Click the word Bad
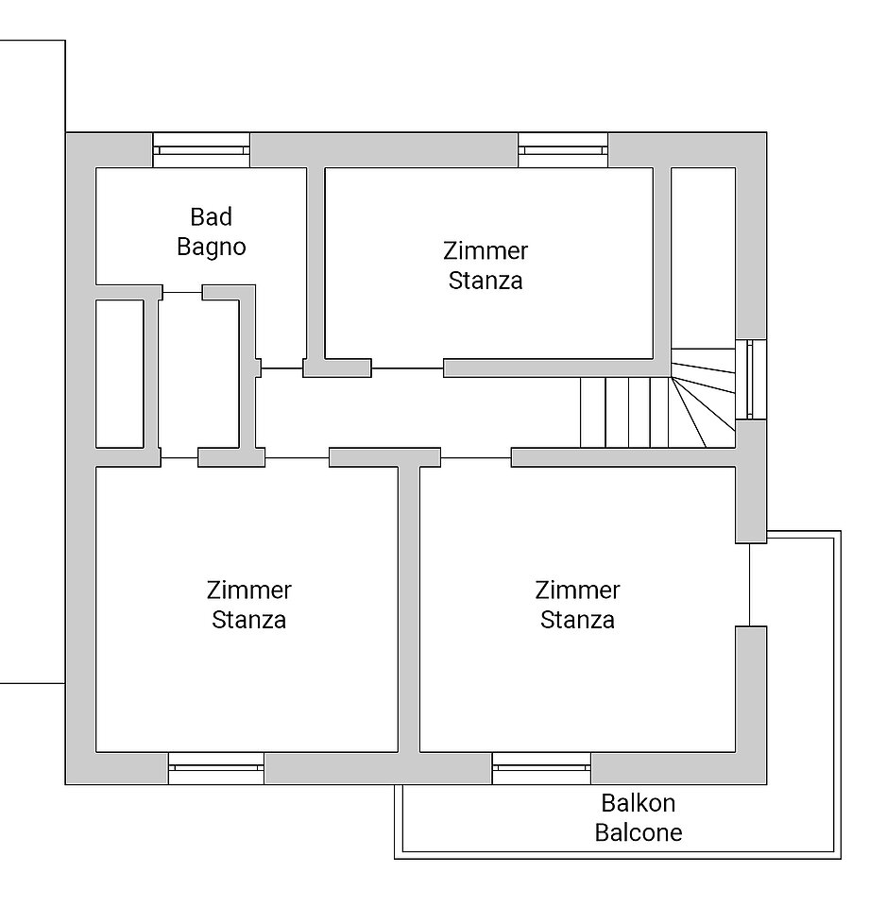[211, 217]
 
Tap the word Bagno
[211, 247]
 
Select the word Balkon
[638, 803]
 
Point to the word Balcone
[639, 832]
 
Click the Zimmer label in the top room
[486, 251]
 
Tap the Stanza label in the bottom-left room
[248, 620]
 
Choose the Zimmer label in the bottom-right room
[577, 590]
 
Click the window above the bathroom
[201, 150]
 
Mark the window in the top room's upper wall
[563, 150]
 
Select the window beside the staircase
[751, 380]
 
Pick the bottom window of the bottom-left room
[216, 768]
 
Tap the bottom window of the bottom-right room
[541, 768]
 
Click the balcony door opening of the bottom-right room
[750, 584]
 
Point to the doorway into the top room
[407, 368]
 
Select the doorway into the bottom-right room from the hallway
[475, 457]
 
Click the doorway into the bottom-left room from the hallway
[297, 457]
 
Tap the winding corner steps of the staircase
[704, 398]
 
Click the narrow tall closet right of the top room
[704, 257]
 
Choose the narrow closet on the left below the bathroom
[120, 374]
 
